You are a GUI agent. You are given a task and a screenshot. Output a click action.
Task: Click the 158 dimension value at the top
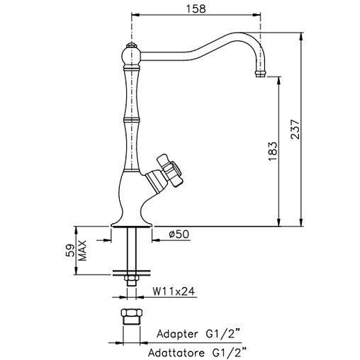pos(196,9)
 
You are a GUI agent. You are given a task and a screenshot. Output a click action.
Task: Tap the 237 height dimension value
pos(295,130)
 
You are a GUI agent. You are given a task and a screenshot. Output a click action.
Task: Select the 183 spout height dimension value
pos(273,151)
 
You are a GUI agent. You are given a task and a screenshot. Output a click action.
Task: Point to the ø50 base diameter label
pos(179,235)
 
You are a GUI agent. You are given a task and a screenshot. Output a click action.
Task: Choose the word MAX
pos(82,250)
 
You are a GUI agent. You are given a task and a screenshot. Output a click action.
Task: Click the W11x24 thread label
pos(174,291)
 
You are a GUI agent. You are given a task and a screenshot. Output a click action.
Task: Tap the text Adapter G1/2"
pos(198,334)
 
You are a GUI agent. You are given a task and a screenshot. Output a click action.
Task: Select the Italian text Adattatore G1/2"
pos(197,353)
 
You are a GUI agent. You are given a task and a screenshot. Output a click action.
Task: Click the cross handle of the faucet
pos(170,170)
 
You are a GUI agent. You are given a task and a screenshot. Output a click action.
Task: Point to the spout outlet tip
pos(261,74)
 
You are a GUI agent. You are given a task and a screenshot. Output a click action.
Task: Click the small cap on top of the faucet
pos(131,45)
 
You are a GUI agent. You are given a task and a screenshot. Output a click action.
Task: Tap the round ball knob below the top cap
pos(131,56)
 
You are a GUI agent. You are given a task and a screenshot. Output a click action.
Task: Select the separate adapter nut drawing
pos(132,317)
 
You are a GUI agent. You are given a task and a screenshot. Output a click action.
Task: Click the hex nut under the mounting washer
pos(132,281)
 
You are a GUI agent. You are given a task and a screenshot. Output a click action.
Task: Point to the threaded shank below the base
pos(132,248)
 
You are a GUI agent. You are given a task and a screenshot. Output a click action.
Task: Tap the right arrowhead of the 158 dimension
pos(257,15)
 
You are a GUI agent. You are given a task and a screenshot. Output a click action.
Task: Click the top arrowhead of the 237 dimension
pos(300,37)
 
